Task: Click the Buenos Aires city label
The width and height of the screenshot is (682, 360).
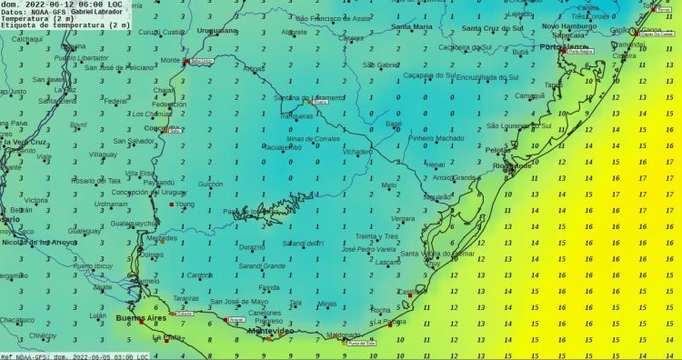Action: click(x=143, y=318)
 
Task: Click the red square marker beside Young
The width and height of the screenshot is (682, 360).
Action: click(x=171, y=205)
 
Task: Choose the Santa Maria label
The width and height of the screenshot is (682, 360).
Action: click(x=412, y=27)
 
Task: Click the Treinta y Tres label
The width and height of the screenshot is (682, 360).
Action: click(x=377, y=235)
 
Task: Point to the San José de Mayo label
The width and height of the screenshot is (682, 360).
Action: click(x=239, y=302)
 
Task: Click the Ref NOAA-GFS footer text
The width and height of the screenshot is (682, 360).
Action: click(x=27, y=356)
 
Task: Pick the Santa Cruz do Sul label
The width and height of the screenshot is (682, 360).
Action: click(x=490, y=28)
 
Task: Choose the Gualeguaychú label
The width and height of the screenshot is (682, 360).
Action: click(x=133, y=223)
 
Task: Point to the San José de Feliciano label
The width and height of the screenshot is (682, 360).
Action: click(x=124, y=67)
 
